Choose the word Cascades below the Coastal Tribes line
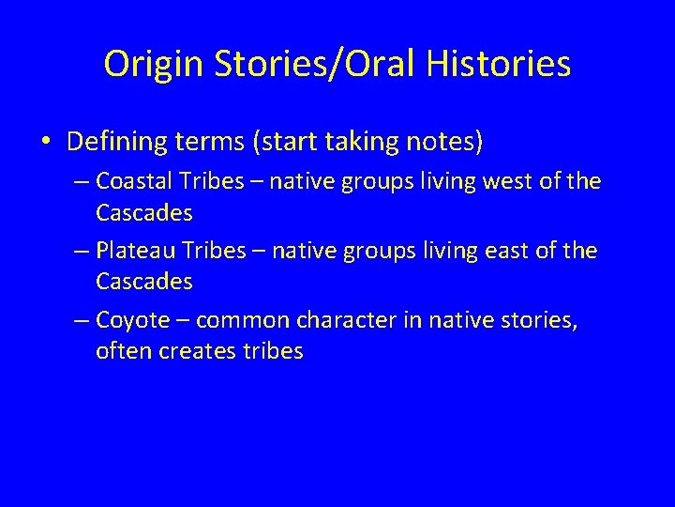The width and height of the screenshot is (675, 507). pyautogui.click(x=143, y=213)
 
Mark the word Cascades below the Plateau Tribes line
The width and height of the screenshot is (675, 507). pyautogui.click(x=143, y=281)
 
